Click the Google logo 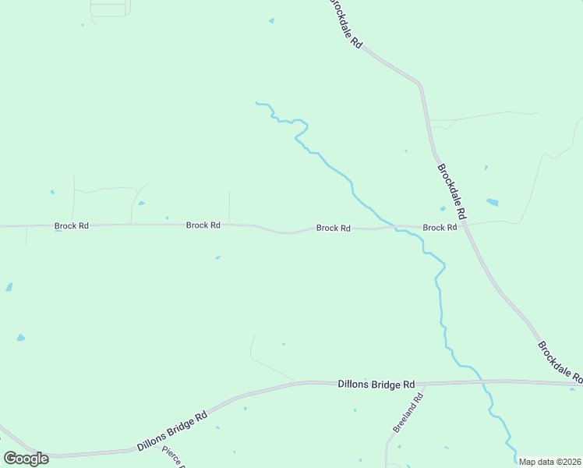click(x=26, y=459)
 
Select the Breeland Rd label click(x=408, y=413)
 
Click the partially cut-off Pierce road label click(x=172, y=457)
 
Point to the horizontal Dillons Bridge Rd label click(x=376, y=385)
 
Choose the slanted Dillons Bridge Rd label click(x=172, y=431)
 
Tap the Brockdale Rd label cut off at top click(x=345, y=23)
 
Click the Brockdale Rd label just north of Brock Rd click(x=451, y=190)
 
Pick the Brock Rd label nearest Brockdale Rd click(x=440, y=228)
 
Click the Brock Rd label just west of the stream click(x=333, y=229)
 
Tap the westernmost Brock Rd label click(x=72, y=226)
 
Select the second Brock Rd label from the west click(x=203, y=225)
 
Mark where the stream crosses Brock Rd click(x=395, y=228)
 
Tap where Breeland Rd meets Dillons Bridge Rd click(x=426, y=384)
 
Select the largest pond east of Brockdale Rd click(x=492, y=203)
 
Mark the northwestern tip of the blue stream click(x=256, y=102)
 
